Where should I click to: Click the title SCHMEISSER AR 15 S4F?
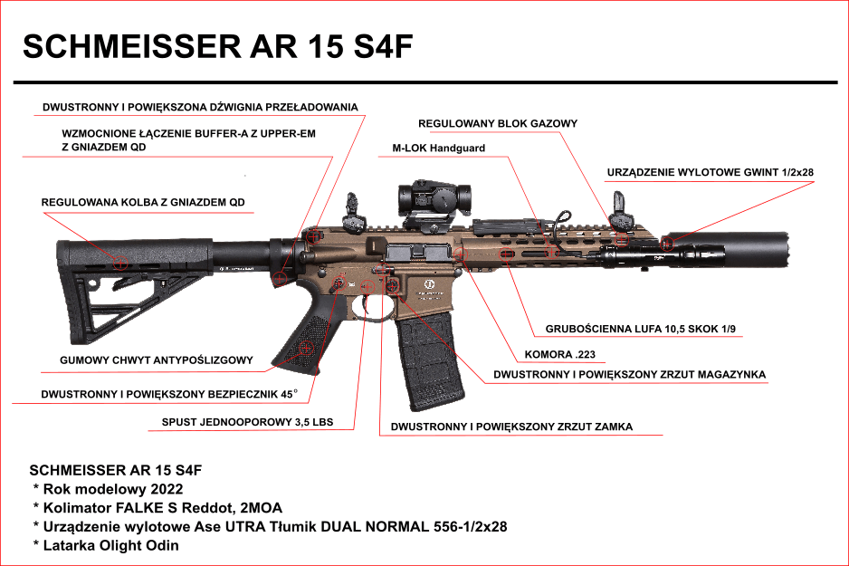(218, 47)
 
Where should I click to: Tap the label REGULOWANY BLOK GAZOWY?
(497, 123)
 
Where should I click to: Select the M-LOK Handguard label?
(438, 148)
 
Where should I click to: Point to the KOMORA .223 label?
(559, 354)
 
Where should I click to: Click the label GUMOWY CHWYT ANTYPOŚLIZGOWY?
(156, 360)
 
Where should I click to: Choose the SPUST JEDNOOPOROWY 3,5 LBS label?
(247, 422)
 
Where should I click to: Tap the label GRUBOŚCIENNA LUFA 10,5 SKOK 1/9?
(643, 329)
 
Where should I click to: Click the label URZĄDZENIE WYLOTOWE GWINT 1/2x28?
(710, 172)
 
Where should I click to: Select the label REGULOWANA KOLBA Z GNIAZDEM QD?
(143, 202)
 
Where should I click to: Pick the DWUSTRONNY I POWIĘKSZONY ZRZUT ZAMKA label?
(511, 426)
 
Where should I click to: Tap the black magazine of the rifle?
(430, 353)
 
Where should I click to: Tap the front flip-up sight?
(620, 209)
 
